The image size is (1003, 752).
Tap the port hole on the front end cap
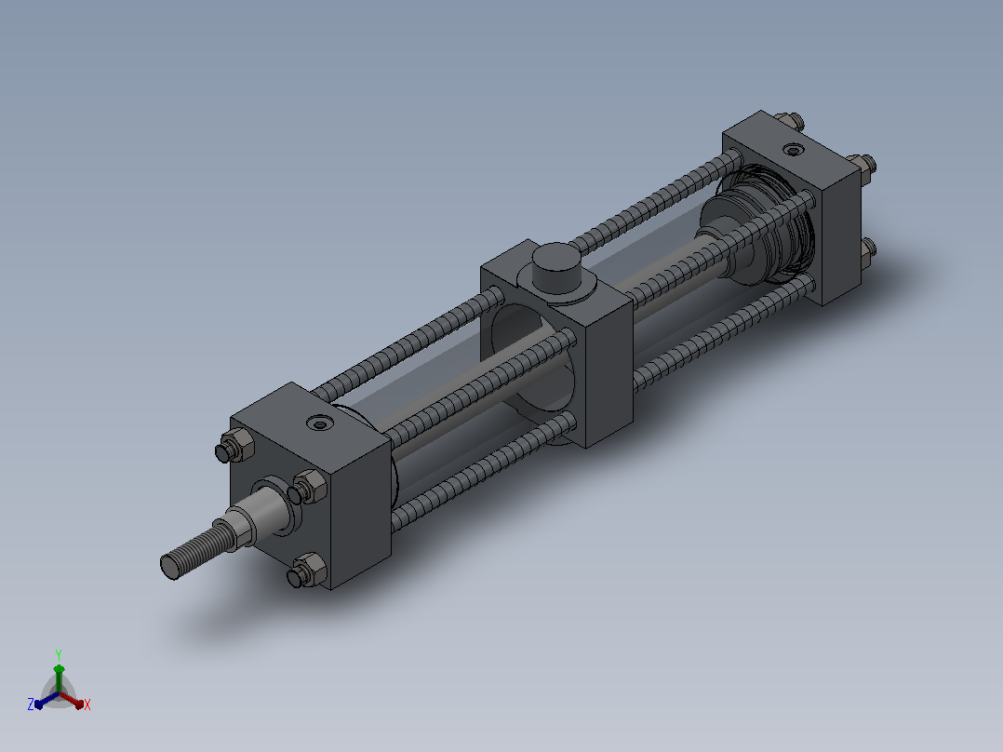319,423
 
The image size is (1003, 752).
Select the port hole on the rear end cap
794,151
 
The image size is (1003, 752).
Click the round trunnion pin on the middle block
556,267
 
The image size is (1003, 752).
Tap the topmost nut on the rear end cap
789,120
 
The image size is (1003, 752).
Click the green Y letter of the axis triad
59,654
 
